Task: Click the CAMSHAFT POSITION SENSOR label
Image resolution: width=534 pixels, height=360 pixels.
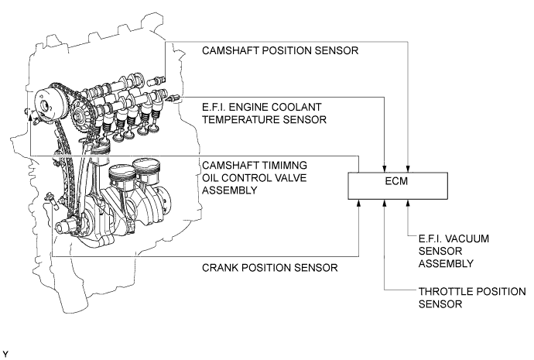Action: pyautogui.click(x=280, y=51)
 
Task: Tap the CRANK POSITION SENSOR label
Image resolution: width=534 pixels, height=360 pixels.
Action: pyautogui.click(x=270, y=268)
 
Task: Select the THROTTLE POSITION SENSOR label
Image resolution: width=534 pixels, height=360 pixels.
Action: pyautogui.click(x=472, y=297)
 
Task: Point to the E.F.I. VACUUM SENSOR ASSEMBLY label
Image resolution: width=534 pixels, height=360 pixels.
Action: pyautogui.click(x=454, y=251)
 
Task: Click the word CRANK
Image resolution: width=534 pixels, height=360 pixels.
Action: pyautogui.click(x=218, y=268)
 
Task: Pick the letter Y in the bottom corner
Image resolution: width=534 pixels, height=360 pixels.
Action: pyautogui.click(x=5, y=355)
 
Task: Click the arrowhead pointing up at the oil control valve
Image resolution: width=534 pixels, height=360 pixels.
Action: pyautogui.click(x=30, y=118)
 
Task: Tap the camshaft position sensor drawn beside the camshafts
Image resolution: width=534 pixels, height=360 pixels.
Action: pyautogui.click(x=156, y=81)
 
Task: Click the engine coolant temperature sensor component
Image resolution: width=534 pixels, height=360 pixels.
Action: pyautogui.click(x=173, y=98)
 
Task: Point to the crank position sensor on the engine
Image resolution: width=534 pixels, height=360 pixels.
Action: pyautogui.click(x=52, y=201)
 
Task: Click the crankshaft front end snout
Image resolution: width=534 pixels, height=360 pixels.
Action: pyautogui.click(x=65, y=227)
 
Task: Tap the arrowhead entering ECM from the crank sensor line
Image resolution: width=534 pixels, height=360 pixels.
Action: pyautogui.click(x=358, y=204)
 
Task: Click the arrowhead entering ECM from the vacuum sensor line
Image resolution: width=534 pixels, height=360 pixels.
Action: pyautogui.click(x=408, y=204)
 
